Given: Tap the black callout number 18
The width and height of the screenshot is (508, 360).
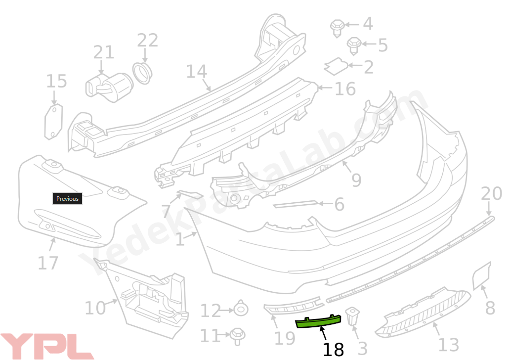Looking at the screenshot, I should tap(333, 349).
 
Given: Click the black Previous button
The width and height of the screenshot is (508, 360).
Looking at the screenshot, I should tap(67, 199).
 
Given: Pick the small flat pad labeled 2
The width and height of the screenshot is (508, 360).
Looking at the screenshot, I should tap(336, 65).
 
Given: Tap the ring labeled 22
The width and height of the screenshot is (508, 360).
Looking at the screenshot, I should tap(143, 73).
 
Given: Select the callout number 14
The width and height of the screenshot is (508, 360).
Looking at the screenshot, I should tap(197, 71).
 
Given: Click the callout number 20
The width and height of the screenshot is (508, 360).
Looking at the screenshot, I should tap(491, 194).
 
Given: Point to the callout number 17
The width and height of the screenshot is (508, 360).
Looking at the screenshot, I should tap(48, 263).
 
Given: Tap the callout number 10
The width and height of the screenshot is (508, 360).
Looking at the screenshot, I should tap(95, 308).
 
